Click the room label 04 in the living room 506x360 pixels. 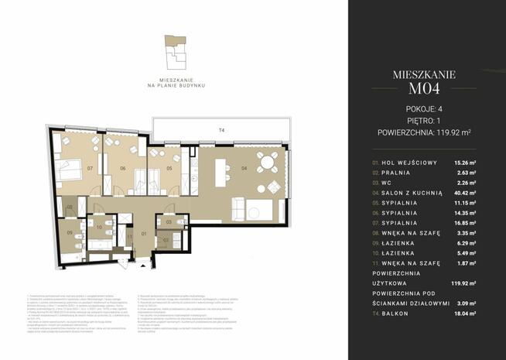tap(244, 167)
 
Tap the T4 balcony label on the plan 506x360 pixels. tap(222, 131)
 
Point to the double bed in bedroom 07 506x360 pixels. tap(71, 168)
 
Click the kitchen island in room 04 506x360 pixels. tap(223, 169)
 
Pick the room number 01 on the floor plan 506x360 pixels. tap(143, 233)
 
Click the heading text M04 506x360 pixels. tap(423, 91)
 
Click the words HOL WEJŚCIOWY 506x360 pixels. tap(410, 161)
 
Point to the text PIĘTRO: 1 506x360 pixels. tap(423, 121)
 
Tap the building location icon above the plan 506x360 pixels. tap(175, 52)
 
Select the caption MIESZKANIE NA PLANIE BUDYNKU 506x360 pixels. tap(175, 81)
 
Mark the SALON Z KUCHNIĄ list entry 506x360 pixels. tap(413, 191)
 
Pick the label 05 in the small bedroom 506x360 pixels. tap(169, 168)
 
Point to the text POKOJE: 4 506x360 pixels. tap(423, 109)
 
